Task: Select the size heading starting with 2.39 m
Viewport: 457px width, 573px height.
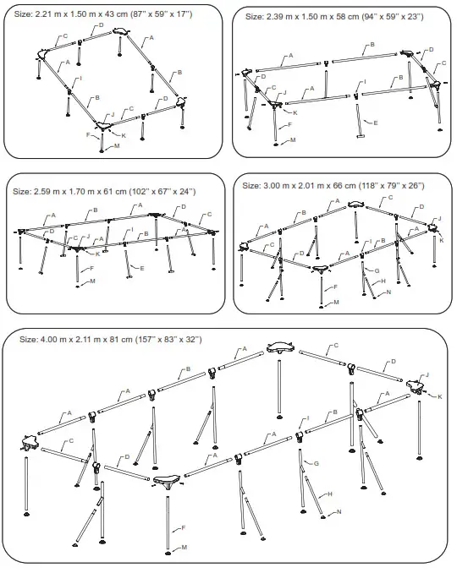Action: coord(333,16)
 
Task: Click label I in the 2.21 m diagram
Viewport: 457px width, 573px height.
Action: coord(81,79)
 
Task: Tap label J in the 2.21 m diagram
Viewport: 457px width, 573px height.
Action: coord(113,112)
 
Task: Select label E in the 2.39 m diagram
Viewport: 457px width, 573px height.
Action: coord(375,123)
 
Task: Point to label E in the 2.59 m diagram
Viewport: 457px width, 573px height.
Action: coord(141,268)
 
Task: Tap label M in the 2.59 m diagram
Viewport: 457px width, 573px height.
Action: coord(92,281)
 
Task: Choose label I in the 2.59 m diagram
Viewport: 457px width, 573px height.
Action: coord(131,230)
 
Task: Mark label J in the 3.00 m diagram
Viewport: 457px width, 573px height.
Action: coord(439,218)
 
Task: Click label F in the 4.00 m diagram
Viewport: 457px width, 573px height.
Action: coord(183,528)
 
